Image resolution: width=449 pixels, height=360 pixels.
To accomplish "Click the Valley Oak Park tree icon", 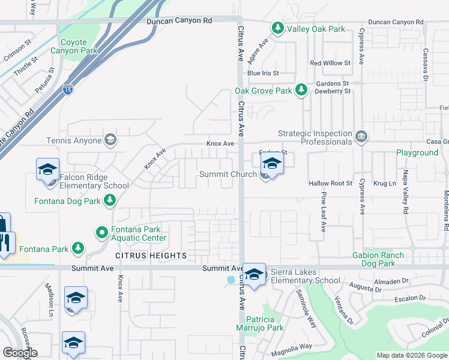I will coord(277,28).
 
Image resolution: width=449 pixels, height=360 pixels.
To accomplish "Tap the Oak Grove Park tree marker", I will coord(301,91).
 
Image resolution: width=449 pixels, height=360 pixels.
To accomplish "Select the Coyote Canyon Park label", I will coord(79,47).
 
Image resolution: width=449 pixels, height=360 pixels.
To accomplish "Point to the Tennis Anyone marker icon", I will coord(110,140).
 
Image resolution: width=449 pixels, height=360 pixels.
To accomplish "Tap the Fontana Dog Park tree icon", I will coord(110,201).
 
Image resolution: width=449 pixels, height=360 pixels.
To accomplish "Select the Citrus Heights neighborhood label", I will coord(151,256).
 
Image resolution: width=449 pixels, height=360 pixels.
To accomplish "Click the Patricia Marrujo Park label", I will coord(265,323).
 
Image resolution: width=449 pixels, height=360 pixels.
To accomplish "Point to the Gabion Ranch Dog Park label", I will coord(382,259).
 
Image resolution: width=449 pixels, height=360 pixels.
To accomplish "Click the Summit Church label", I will coord(228,174).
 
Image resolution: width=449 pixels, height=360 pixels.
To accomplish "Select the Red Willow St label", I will coord(330,63).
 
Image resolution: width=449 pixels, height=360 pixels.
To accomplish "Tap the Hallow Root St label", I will coord(330,183).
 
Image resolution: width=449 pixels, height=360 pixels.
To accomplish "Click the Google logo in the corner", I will coord(20,352).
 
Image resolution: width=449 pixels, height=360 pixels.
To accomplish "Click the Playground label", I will coord(417,152).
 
